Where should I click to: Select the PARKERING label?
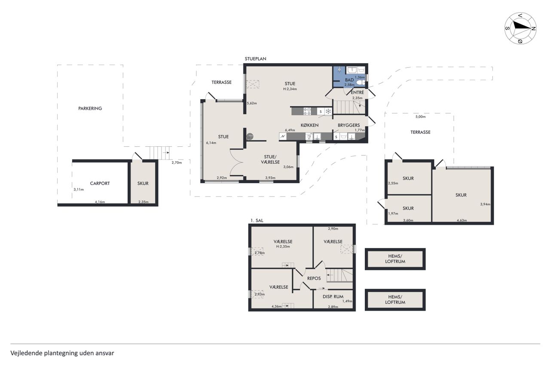pyautogui.click(x=90, y=109)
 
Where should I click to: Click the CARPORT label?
pyautogui.click(x=100, y=183)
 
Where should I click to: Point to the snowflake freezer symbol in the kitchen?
pyautogui.click(x=328, y=112)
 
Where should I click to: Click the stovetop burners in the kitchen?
pyautogui.click(x=307, y=111)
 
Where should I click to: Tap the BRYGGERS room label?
pyautogui.click(x=348, y=125)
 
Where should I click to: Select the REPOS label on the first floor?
pyautogui.click(x=314, y=278)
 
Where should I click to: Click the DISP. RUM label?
pyautogui.click(x=333, y=296)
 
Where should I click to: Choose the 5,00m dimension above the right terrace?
pyautogui.click(x=420, y=117)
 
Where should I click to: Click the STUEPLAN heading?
pyautogui.click(x=255, y=59)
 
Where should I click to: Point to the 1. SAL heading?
pyautogui.click(x=257, y=221)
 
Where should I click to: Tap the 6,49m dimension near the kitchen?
pyautogui.click(x=290, y=130)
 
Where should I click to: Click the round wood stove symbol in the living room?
pyautogui.click(x=250, y=136)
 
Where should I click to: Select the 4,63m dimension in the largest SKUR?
pyautogui.click(x=461, y=220)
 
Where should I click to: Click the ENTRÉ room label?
pyautogui.click(x=357, y=92)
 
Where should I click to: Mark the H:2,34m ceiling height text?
pyautogui.click(x=290, y=89)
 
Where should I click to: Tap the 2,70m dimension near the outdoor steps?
pyautogui.click(x=177, y=163)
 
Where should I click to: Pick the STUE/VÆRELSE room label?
pyautogui.click(x=270, y=159)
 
